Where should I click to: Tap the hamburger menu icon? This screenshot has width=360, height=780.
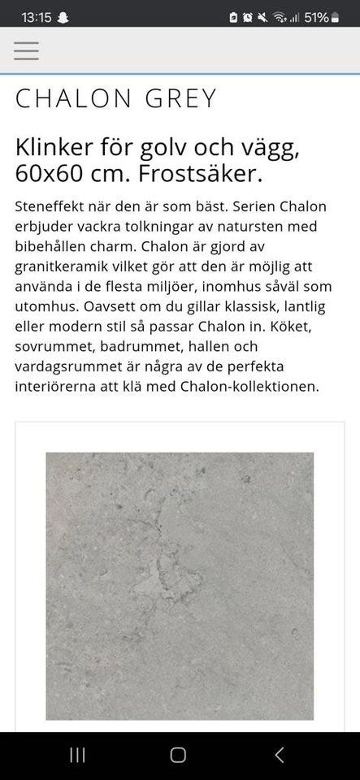point(26,51)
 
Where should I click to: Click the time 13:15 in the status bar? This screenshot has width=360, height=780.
point(36,17)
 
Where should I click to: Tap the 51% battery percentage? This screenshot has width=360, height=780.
point(316,17)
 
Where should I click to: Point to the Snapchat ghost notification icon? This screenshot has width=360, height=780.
point(63,17)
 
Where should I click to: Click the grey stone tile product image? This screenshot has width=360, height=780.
point(179,585)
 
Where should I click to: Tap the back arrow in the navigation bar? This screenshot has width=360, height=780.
point(279,755)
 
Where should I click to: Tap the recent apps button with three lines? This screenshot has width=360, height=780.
point(78,755)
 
